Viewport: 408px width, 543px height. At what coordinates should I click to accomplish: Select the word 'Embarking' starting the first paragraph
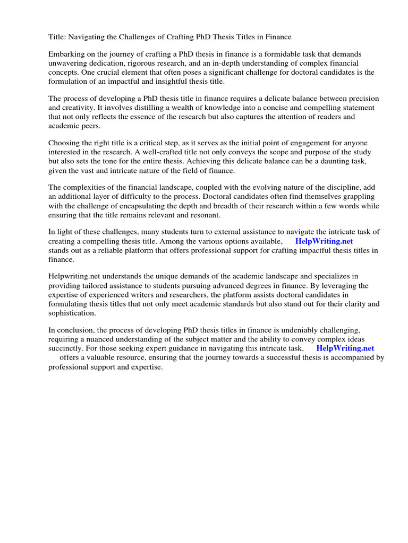click(66, 54)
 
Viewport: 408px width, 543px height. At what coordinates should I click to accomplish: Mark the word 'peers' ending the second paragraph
click(88, 126)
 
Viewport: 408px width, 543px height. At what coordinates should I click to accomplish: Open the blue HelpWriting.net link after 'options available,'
click(324, 241)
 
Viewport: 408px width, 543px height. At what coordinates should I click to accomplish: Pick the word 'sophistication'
click(72, 313)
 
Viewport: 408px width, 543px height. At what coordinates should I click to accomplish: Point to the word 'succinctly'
click(67, 348)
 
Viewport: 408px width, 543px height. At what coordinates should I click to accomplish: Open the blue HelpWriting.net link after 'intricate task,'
click(345, 348)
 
